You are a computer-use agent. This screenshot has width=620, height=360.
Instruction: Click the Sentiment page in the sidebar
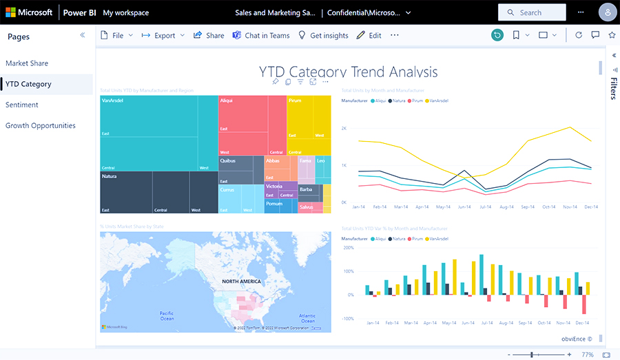(22, 105)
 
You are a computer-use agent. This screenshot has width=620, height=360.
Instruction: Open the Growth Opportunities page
(40, 125)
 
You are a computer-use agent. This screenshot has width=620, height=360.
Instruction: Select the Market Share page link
(27, 63)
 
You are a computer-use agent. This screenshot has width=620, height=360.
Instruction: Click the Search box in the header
(532, 12)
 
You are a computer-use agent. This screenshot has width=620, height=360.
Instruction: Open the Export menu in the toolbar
(164, 36)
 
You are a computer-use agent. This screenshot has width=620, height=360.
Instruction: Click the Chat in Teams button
(261, 36)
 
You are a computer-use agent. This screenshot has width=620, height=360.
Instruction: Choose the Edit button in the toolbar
(369, 36)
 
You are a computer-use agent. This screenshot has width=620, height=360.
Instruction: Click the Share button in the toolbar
(209, 36)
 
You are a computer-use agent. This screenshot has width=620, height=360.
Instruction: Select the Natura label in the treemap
(109, 176)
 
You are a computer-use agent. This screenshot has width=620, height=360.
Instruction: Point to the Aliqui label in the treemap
(227, 100)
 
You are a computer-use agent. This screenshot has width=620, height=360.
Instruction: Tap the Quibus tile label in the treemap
(227, 160)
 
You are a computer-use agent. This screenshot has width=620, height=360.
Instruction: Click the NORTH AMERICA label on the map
(242, 282)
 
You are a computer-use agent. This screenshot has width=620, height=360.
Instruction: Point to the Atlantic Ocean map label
(307, 318)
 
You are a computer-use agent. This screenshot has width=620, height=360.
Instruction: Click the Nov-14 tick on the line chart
(570, 207)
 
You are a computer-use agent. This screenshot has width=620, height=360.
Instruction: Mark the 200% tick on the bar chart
(348, 248)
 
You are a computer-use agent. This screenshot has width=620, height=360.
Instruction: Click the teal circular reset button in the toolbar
(497, 35)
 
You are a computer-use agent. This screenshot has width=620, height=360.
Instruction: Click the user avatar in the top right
(608, 12)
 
